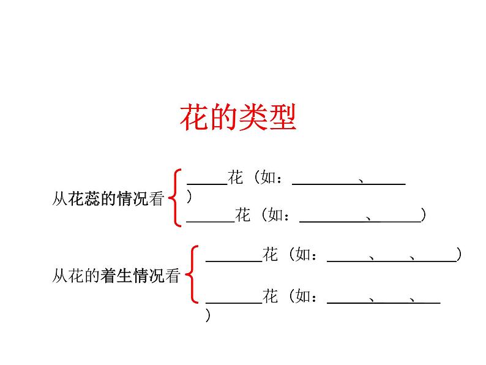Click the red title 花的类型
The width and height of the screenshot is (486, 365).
click(x=238, y=118)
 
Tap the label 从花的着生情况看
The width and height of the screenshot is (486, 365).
click(x=116, y=276)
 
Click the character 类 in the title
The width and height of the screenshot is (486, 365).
click(x=253, y=118)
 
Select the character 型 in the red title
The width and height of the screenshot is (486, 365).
click(x=282, y=118)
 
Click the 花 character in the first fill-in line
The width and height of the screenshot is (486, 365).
click(x=236, y=178)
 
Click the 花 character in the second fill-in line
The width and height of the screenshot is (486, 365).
click(x=243, y=216)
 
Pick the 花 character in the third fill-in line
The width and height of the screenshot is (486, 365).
click(x=271, y=255)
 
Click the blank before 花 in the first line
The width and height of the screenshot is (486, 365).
click(x=206, y=180)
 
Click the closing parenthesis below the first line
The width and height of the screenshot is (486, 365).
click(x=190, y=197)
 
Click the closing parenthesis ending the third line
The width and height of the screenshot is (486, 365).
click(x=459, y=255)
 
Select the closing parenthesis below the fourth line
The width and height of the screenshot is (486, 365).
click(x=208, y=316)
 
